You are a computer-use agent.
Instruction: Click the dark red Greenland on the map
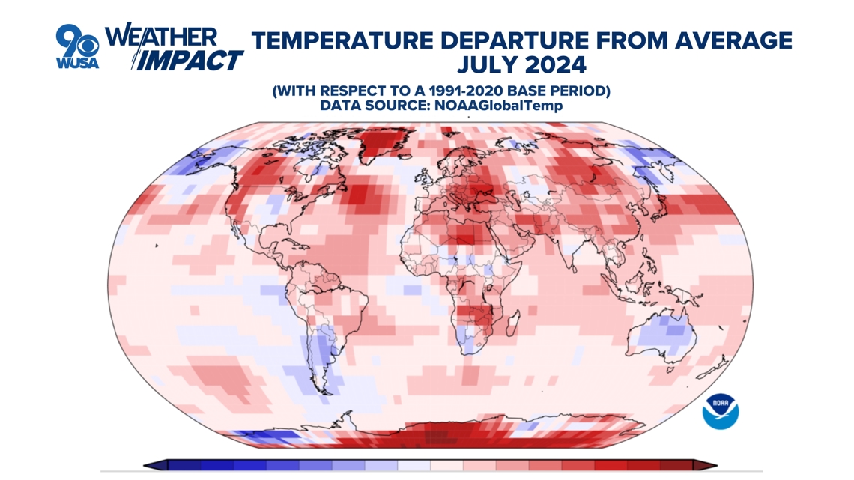(x=386, y=142)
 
